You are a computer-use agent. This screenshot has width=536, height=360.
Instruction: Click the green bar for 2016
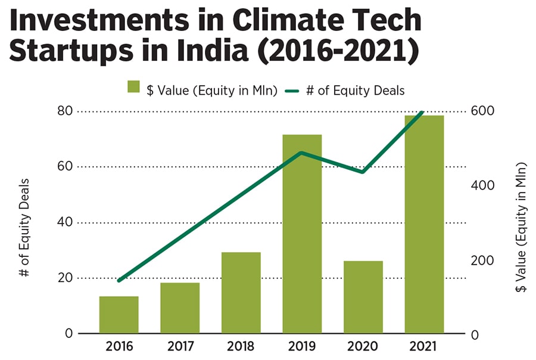(x=119, y=315)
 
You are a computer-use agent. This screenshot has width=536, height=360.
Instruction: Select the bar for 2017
(x=180, y=308)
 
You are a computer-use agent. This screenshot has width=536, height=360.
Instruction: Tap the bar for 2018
(x=241, y=293)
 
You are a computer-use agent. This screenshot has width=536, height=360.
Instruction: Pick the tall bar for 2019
(x=302, y=234)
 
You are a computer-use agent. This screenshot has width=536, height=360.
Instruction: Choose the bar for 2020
(x=363, y=297)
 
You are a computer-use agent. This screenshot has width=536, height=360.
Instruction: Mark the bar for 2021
(x=424, y=224)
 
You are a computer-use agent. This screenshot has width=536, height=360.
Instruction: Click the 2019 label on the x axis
(x=302, y=346)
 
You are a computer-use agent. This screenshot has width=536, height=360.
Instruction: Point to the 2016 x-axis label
(x=119, y=346)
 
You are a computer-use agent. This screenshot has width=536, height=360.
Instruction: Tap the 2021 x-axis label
(x=424, y=346)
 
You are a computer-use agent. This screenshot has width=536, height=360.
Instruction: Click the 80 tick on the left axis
(x=66, y=111)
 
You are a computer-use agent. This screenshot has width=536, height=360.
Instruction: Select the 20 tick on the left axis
(x=66, y=278)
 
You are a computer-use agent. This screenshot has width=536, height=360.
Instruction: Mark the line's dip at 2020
(x=363, y=172)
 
